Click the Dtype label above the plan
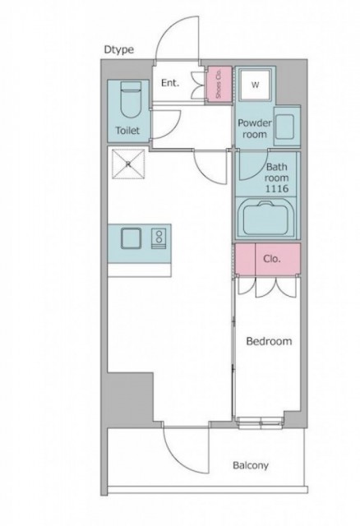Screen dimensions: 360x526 (x=119, y=49)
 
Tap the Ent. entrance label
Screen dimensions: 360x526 (x=170, y=83)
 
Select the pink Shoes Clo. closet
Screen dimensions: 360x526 (x=219, y=84)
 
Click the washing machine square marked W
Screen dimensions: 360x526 (x=256, y=85)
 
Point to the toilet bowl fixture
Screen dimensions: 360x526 (x=130, y=99)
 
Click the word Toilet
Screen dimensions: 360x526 (x=127, y=130)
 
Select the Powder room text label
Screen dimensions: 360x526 (x=255, y=128)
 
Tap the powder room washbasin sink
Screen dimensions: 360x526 (x=286, y=127)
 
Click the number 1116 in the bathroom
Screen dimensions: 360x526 (x=277, y=189)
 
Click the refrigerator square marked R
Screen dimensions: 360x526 (x=128, y=164)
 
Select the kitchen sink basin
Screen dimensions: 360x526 (x=132, y=238)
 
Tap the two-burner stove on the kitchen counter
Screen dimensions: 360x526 (x=159, y=238)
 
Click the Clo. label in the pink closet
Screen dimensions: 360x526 (x=272, y=259)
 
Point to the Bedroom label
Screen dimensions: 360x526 (x=269, y=342)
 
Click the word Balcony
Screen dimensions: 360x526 (x=251, y=466)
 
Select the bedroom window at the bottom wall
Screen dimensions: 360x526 (x=261, y=423)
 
